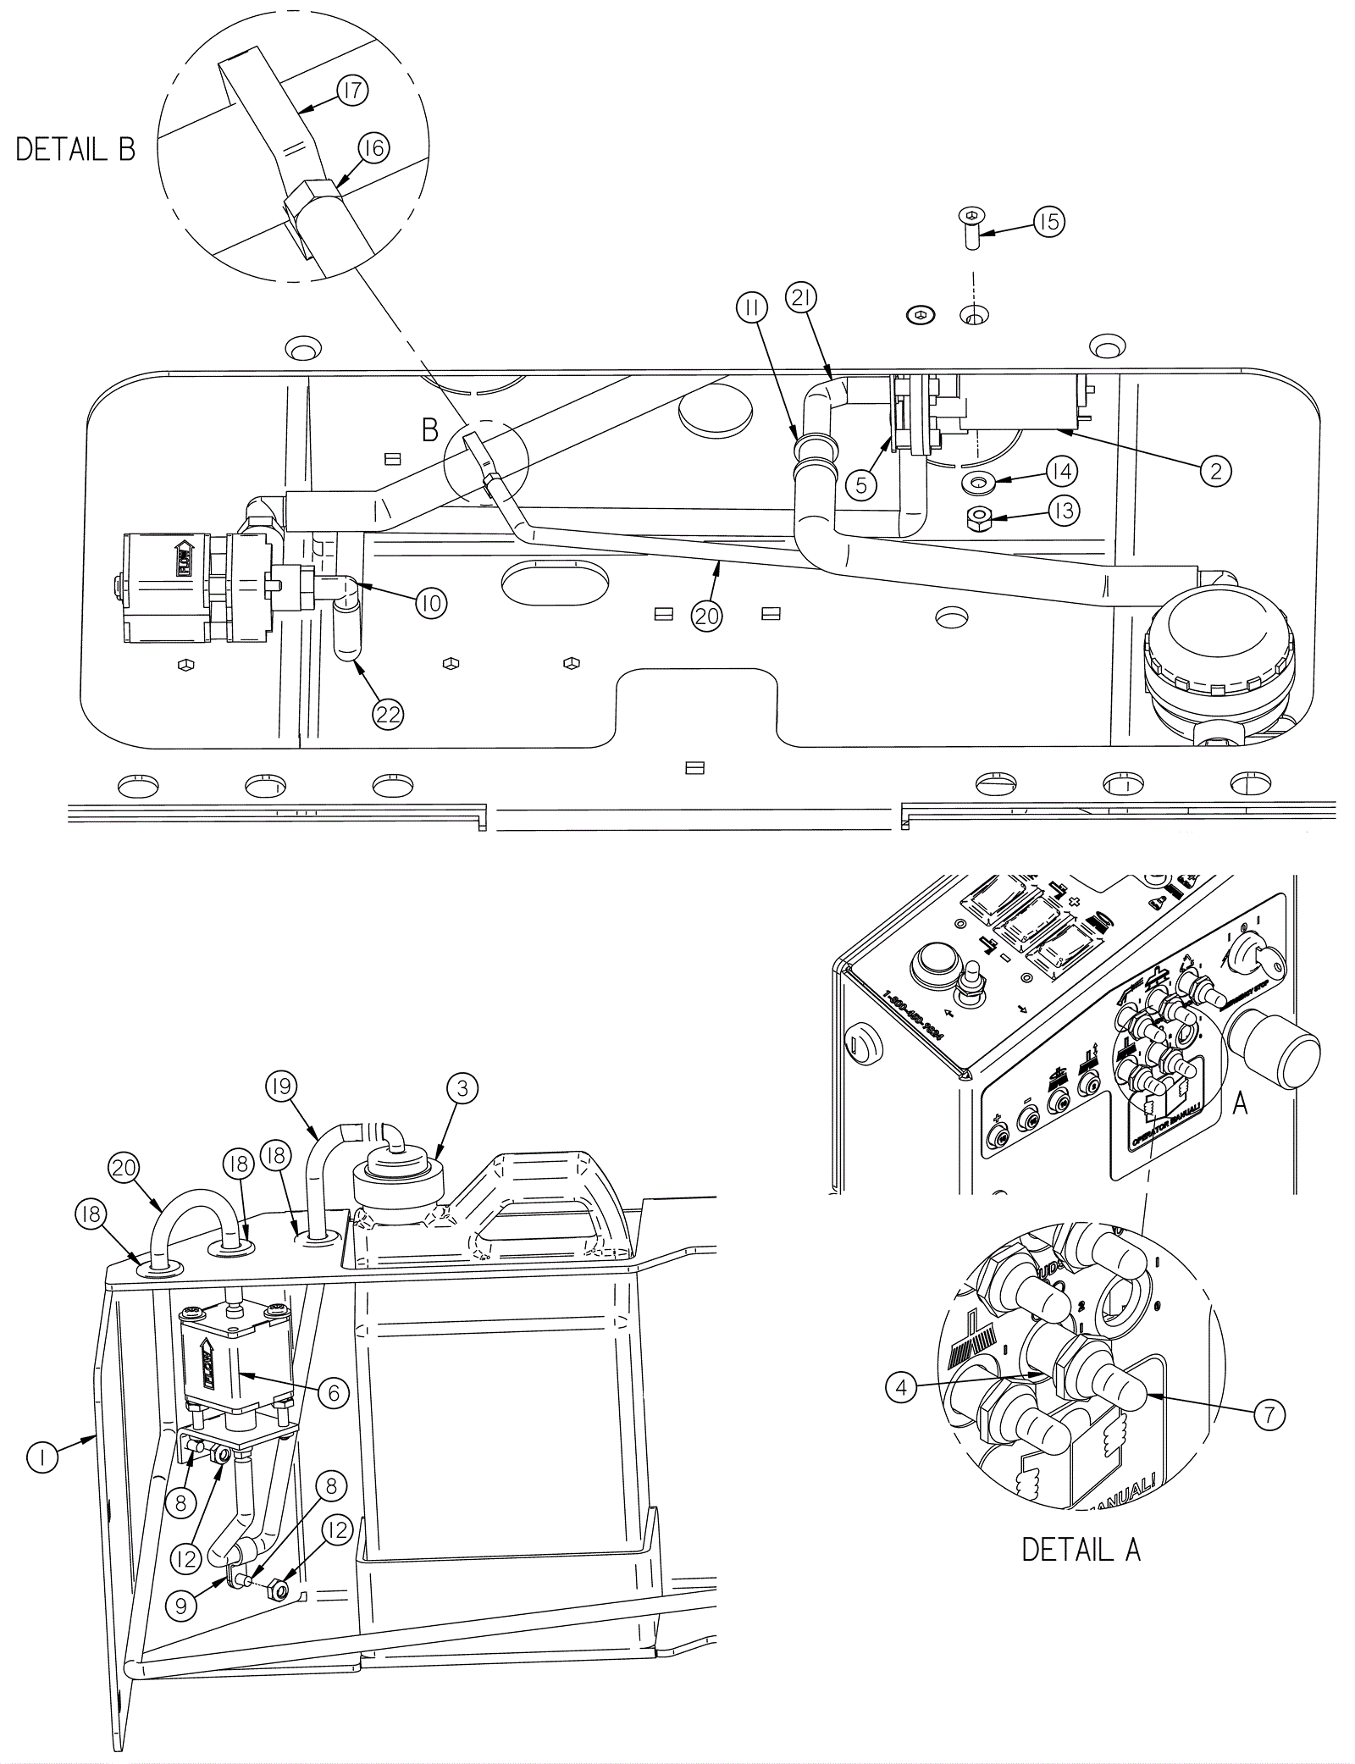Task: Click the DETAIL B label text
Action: pos(76,150)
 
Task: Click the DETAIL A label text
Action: pos(1081,1549)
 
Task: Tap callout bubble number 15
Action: pos(1048,222)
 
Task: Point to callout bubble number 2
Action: pos(1216,471)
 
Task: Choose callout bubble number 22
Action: pos(388,715)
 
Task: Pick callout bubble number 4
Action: pos(902,1387)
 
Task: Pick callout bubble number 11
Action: pos(750,310)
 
